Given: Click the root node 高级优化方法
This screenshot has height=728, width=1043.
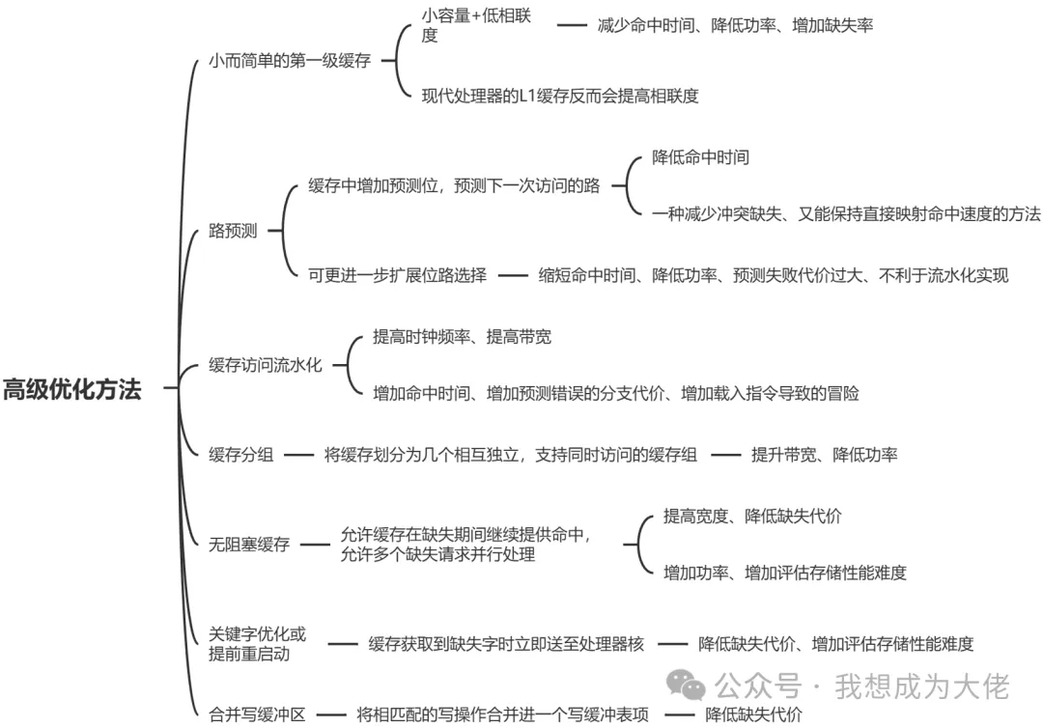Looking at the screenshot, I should coord(72,390).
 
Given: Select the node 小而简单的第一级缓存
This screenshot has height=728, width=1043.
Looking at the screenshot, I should coord(290,60).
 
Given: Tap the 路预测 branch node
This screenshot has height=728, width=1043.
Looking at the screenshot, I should coord(233,232).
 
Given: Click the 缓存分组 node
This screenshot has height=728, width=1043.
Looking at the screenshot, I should coord(241,455).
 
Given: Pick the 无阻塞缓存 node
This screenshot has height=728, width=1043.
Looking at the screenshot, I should coord(249,545).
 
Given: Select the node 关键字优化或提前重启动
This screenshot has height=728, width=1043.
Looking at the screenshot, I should coord(258,644).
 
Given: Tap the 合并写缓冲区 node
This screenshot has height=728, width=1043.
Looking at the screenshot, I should coord(257,715).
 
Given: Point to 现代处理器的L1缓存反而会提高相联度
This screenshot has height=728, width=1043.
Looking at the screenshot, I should coord(560,96).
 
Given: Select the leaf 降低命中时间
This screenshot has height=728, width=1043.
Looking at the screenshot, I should coord(700,156).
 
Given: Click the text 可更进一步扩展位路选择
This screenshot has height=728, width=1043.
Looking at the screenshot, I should coord(397,276).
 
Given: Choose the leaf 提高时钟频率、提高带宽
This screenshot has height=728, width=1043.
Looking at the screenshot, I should coord(462,337).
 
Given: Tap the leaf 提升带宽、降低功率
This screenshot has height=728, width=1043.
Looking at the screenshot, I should coord(824,455).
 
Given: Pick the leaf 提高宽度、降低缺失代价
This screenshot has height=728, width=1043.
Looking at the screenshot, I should coord(752,517).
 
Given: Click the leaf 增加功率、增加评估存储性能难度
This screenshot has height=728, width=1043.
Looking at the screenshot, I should coord(785,573).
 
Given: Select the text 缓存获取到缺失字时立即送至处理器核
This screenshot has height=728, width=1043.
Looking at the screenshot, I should coord(506,644).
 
